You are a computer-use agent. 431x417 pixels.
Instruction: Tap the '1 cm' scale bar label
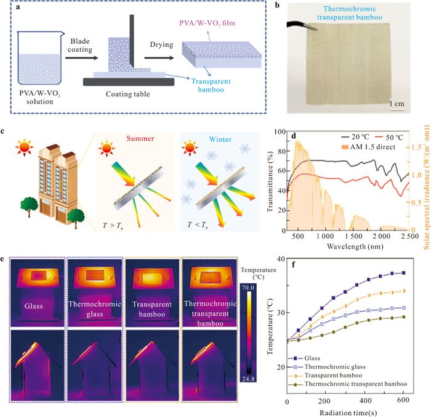pos(395,104)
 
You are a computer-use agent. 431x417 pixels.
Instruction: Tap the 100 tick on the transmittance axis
pos(280,133)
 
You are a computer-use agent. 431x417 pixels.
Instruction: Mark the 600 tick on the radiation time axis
pos(404,402)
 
